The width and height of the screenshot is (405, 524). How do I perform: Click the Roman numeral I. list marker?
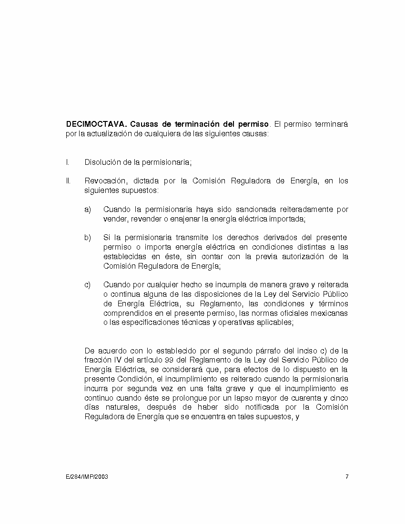67,162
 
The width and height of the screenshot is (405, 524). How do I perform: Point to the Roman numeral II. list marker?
68,181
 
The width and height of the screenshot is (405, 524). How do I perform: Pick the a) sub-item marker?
88,209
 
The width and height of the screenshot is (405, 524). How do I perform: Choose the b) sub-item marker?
88,238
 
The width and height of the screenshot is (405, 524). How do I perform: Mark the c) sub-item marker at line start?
88,285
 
